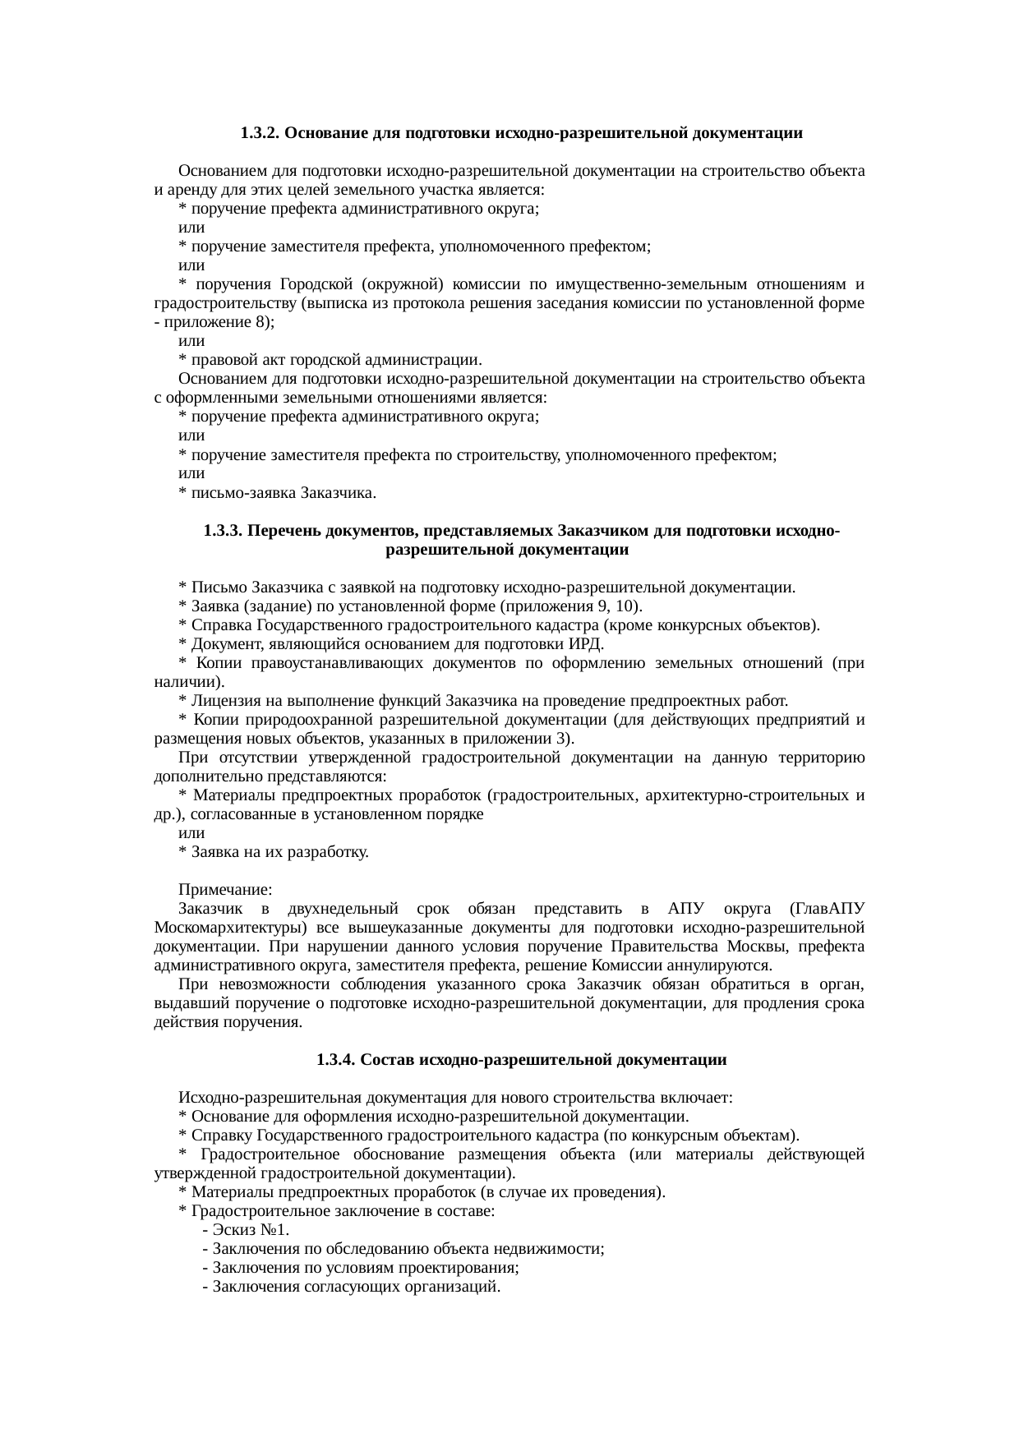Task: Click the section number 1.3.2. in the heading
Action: pos(261,132)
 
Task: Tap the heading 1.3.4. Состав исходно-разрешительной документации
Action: pos(521,1060)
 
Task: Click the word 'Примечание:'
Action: pos(226,891)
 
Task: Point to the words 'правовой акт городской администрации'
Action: pos(336,360)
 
